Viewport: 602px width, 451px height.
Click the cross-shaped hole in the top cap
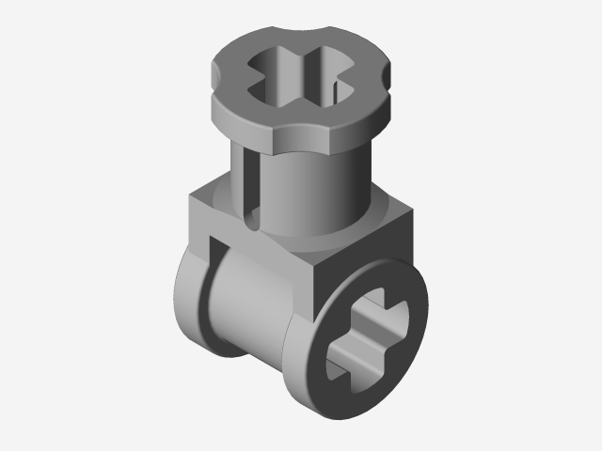coord(299,72)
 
